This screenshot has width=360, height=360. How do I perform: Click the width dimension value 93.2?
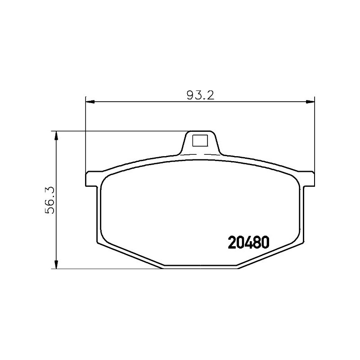point(200,95)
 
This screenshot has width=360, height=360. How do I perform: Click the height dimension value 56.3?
point(50,200)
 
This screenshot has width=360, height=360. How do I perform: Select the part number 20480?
point(248,243)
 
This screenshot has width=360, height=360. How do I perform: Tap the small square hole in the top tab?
point(200,140)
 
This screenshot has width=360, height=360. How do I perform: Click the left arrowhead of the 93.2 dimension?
point(90,102)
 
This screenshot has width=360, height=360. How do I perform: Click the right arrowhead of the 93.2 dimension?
point(310,102)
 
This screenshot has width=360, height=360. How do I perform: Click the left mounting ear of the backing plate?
point(93,179)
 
